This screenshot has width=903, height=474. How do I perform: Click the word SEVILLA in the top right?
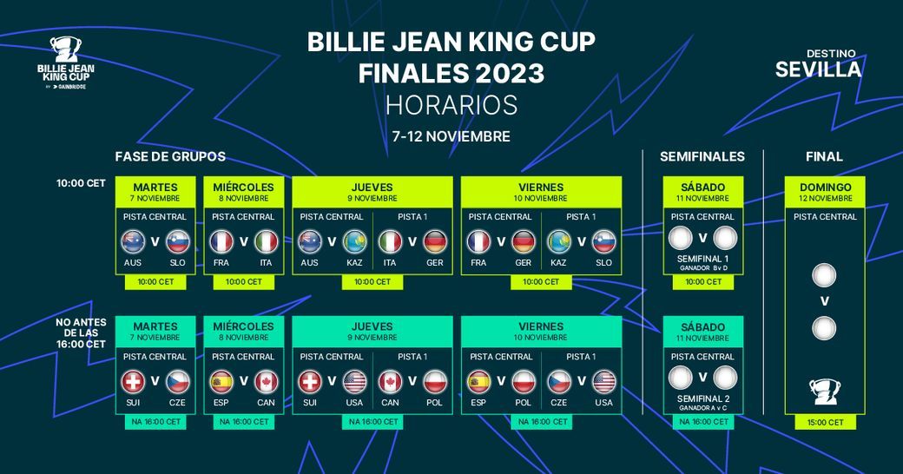click(x=818, y=69)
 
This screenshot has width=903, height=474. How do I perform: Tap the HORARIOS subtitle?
click(x=451, y=105)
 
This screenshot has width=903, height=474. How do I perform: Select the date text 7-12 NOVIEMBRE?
click(x=451, y=136)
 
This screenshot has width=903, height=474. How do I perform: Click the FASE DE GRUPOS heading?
click(x=170, y=157)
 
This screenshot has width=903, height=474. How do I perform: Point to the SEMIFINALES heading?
click(x=702, y=157)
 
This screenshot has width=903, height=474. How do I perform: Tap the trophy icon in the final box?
click(x=823, y=392)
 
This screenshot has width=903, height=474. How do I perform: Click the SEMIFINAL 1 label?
click(x=702, y=259)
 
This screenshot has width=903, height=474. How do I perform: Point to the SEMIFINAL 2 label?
click(x=702, y=398)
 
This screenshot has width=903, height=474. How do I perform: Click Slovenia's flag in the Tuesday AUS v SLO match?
click(x=178, y=240)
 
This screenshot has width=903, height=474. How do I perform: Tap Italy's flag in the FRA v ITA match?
click(x=267, y=240)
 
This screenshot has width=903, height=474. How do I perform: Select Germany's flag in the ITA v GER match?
click(x=435, y=240)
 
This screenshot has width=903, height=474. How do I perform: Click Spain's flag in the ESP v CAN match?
click(x=222, y=381)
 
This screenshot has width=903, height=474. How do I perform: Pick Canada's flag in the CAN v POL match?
click(x=391, y=381)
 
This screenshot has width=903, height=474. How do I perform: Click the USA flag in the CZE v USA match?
click(x=603, y=381)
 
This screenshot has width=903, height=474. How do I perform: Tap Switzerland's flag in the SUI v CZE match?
click(x=134, y=381)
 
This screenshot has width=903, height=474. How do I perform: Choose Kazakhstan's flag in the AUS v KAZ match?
click(x=354, y=240)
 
